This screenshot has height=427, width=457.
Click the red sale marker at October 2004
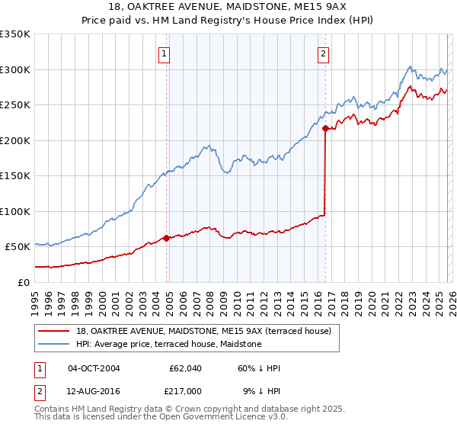point(166,238)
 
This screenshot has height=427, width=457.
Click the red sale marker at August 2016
point(325,128)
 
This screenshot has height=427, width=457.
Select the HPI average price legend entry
point(168,345)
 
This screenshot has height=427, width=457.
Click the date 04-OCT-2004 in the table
point(94,368)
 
